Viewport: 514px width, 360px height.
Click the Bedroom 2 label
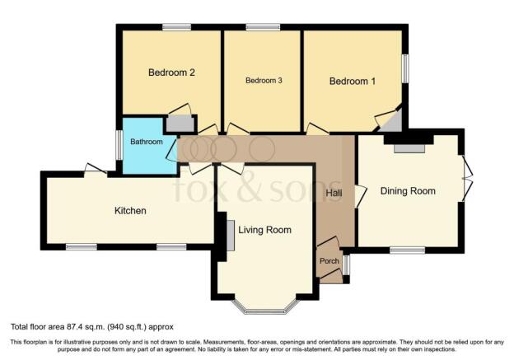171,72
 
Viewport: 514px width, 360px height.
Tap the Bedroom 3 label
264,81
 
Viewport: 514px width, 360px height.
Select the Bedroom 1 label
352,81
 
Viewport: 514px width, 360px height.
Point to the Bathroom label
147,142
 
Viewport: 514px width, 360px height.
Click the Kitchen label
130,211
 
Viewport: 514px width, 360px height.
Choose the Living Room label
265,230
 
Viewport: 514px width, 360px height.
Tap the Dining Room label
408,191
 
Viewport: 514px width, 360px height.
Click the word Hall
334,193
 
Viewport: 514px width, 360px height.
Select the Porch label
329,261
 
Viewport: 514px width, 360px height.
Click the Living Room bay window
266,310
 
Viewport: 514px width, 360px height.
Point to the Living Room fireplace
231,236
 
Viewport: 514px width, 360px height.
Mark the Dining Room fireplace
409,148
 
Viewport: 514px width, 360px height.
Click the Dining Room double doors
467,178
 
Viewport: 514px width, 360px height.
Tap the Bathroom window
119,145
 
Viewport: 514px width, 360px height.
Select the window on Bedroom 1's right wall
405,68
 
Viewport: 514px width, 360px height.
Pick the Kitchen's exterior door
96,170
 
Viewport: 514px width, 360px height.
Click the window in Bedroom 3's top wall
263,27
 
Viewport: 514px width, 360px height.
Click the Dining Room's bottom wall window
408,250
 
